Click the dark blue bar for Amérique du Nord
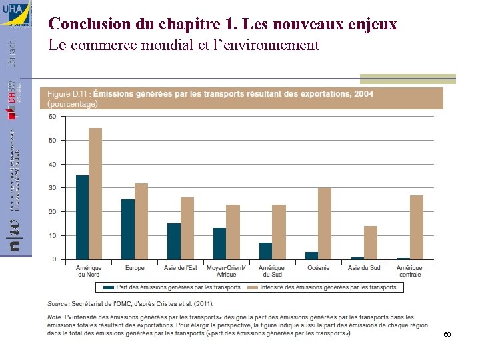tap(82, 217)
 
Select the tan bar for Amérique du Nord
tap(95, 193)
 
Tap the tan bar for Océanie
tap(325, 223)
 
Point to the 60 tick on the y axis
tap(52, 117)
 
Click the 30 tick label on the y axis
tap(52, 188)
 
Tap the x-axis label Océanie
tap(318, 268)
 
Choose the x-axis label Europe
tap(135, 268)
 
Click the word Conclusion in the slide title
tap(89, 24)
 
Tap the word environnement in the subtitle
tap(272, 45)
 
